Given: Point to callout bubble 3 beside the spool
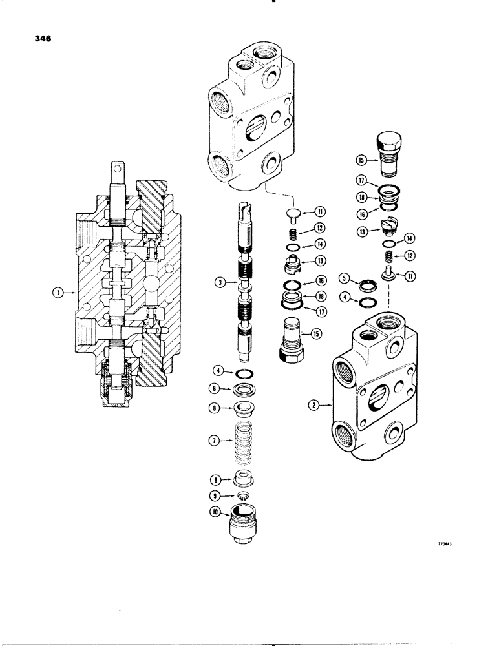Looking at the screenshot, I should tap(222, 282).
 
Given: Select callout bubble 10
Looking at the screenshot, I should tap(221, 514).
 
